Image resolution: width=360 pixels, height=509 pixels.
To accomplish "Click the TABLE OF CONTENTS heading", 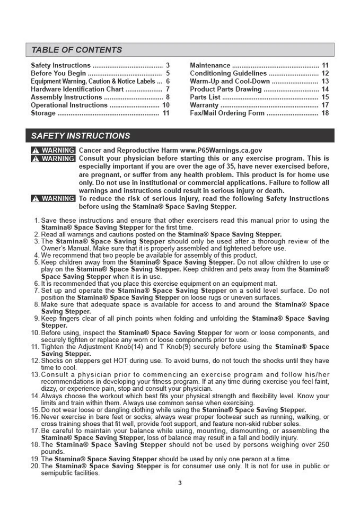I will pos(76,50).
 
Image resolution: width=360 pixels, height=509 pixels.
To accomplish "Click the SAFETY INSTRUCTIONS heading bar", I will pos(80,136).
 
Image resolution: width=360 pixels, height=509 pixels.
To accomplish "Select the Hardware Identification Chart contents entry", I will pos(77,89).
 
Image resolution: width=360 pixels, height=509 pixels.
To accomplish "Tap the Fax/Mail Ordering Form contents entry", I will pos(227,113).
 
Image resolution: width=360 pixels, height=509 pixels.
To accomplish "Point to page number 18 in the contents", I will pos(325,113).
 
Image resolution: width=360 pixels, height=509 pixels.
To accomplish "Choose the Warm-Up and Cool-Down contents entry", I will pos(230,81).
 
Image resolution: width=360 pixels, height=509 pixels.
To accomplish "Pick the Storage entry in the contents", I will pos(43,113).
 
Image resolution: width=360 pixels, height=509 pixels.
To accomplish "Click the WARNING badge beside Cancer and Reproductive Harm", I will pos(53,151).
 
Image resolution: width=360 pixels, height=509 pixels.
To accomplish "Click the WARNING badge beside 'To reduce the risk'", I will pos(53,199).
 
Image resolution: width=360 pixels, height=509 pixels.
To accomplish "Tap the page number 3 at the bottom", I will pos(180,482).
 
